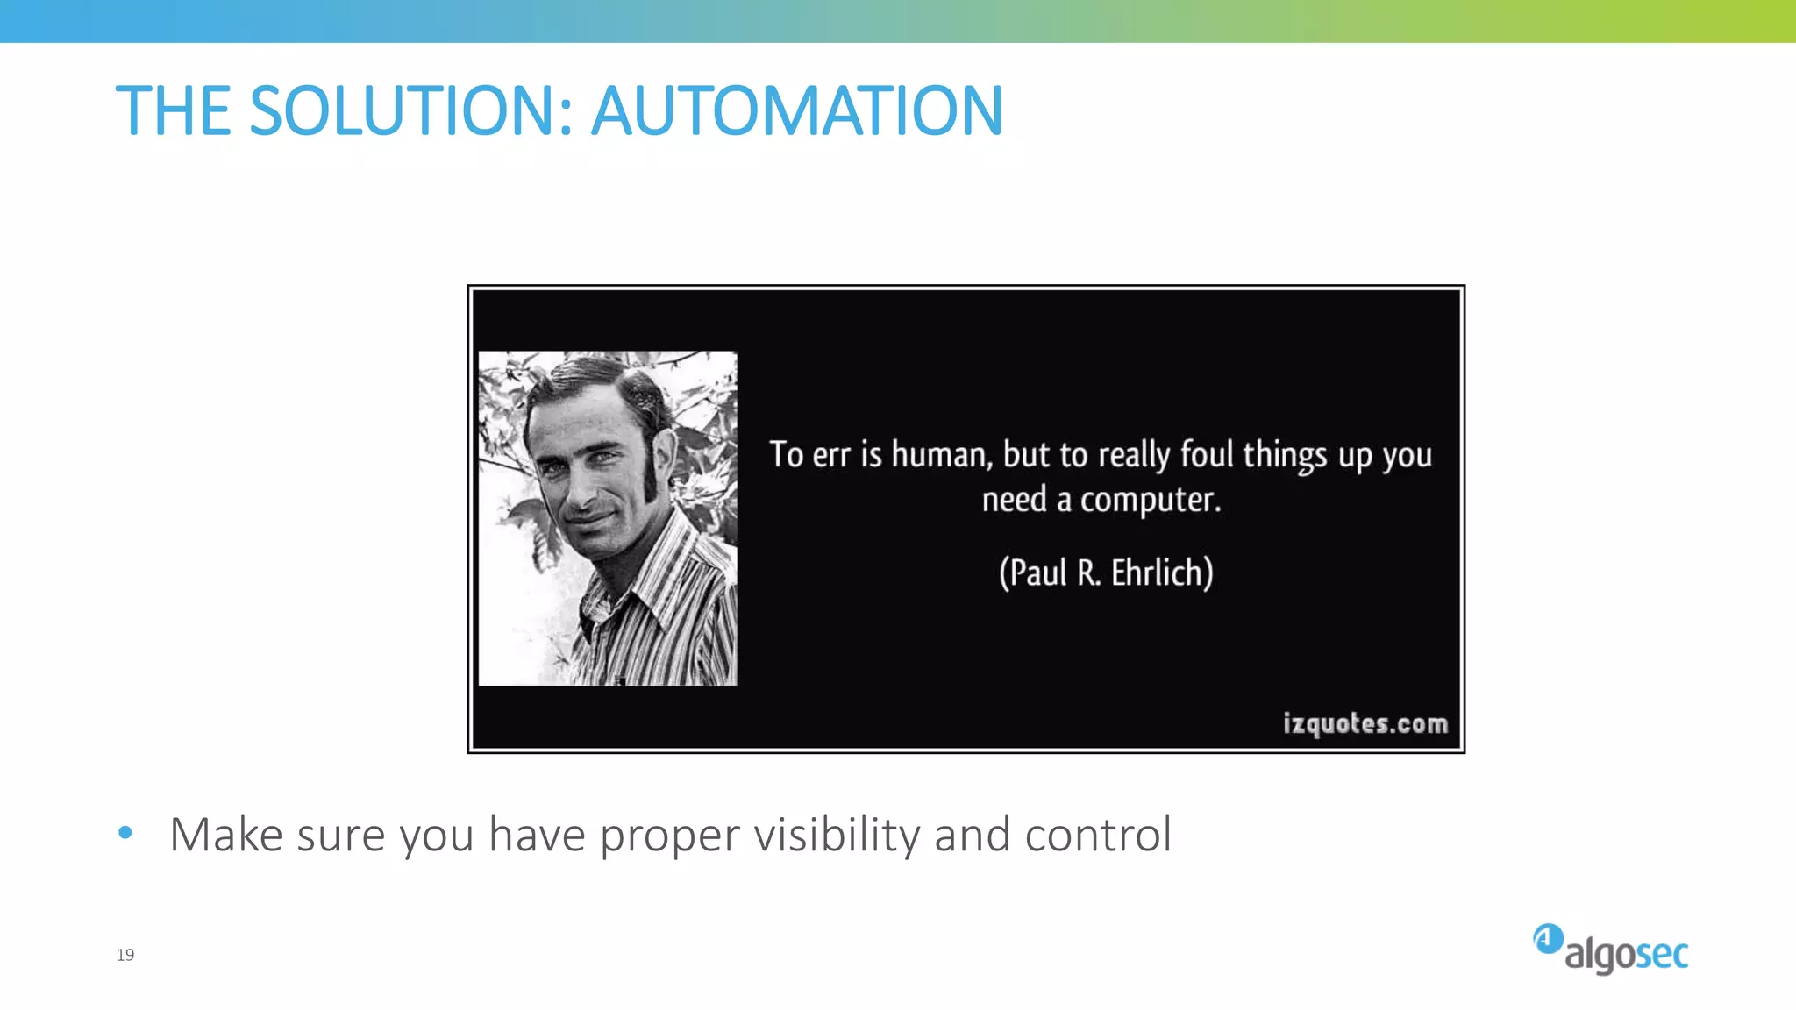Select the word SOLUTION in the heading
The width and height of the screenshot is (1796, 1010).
point(410,111)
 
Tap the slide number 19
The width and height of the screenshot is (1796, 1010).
point(125,955)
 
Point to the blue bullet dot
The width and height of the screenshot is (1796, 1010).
point(125,833)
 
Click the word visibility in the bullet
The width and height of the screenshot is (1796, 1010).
point(837,835)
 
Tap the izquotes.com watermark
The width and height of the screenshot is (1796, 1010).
point(1365,723)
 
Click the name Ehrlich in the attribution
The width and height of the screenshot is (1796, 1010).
point(1162,573)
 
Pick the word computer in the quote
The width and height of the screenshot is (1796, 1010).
point(1150,500)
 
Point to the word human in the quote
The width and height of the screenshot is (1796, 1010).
point(941,454)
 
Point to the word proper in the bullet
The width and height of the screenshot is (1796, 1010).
point(669,836)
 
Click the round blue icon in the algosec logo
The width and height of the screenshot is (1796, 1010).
point(1548,939)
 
